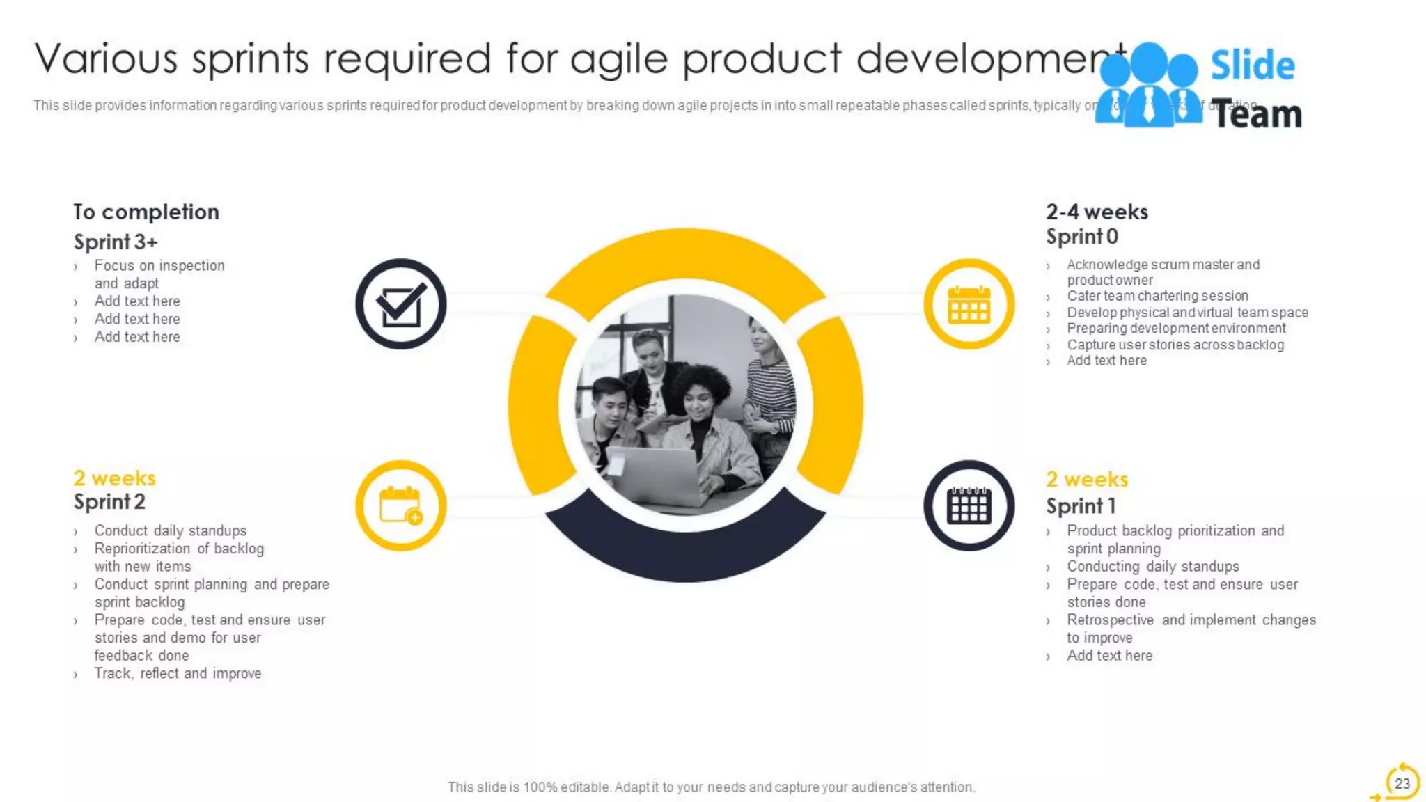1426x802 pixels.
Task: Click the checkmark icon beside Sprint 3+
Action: pos(400,304)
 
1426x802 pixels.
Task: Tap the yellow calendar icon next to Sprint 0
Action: pos(969,304)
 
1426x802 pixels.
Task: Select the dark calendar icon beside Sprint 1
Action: pos(969,505)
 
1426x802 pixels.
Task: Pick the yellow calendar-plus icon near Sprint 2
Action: pos(400,505)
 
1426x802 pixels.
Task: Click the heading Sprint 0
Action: pos(1081,237)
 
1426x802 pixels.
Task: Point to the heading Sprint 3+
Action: pos(116,242)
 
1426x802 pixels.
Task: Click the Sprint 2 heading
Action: pos(109,502)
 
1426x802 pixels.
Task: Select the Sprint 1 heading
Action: pos(1081,506)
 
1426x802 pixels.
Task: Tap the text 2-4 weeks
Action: pos(1097,212)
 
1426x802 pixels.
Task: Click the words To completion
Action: pos(146,212)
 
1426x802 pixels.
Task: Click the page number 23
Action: pos(1402,783)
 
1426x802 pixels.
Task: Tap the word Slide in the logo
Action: pos(1252,65)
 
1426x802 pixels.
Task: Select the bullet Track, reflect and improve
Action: pos(178,673)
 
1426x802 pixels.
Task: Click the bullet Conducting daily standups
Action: pos(1152,566)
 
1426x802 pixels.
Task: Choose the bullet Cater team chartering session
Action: pos(1157,296)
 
